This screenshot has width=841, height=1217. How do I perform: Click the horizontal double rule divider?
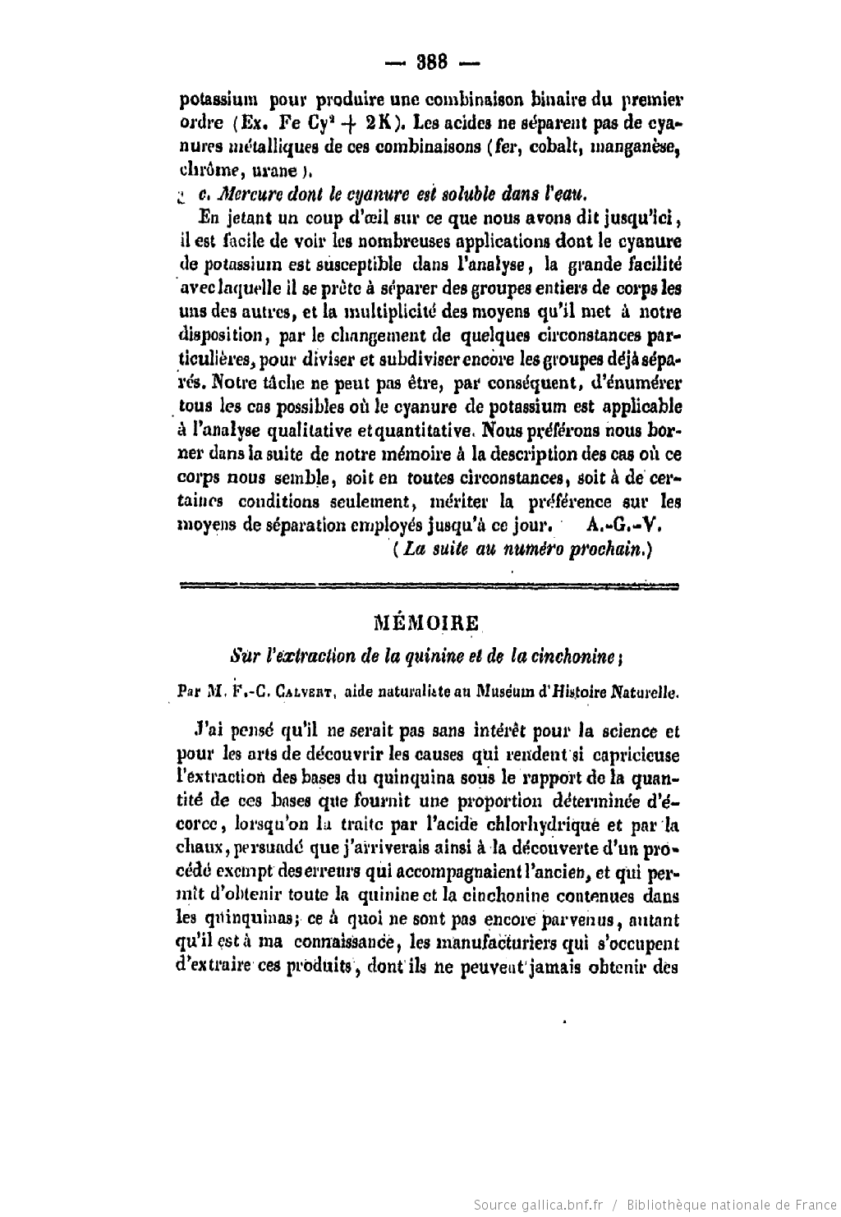428,586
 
